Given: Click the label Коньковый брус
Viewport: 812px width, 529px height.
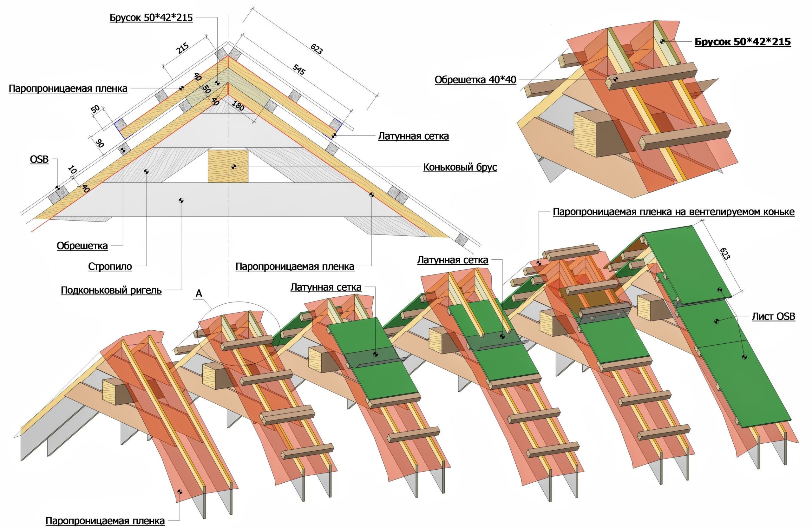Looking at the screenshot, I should (x=460, y=167).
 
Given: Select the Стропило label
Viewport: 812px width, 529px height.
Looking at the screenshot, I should (x=110, y=266).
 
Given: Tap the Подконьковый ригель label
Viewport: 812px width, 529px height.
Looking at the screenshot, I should (x=111, y=290).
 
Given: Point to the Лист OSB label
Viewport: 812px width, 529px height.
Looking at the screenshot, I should (x=773, y=316).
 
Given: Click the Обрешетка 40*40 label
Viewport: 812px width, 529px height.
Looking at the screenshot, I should (x=475, y=80).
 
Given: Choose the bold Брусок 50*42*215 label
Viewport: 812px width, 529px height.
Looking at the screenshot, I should (x=743, y=42).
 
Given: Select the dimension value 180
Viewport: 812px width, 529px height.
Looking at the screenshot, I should (x=238, y=106).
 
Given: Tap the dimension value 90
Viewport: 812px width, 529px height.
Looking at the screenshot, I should (x=100, y=143).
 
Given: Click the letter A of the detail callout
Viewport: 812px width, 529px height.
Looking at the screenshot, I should (x=199, y=294).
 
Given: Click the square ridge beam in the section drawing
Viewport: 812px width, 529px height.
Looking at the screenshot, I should (x=228, y=166).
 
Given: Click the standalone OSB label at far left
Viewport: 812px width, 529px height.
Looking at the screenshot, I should (x=39, y=159).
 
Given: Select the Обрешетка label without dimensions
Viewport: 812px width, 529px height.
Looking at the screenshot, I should (x=82, y=246).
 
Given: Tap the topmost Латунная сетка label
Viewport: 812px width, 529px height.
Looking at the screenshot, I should (x=413, y=136).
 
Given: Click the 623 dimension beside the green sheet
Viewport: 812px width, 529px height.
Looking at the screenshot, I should (x=725, y=253).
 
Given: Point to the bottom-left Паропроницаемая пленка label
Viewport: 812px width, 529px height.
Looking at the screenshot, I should (x=105, y=521).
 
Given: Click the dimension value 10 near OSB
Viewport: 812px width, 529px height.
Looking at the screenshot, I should (x=72, y=170).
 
